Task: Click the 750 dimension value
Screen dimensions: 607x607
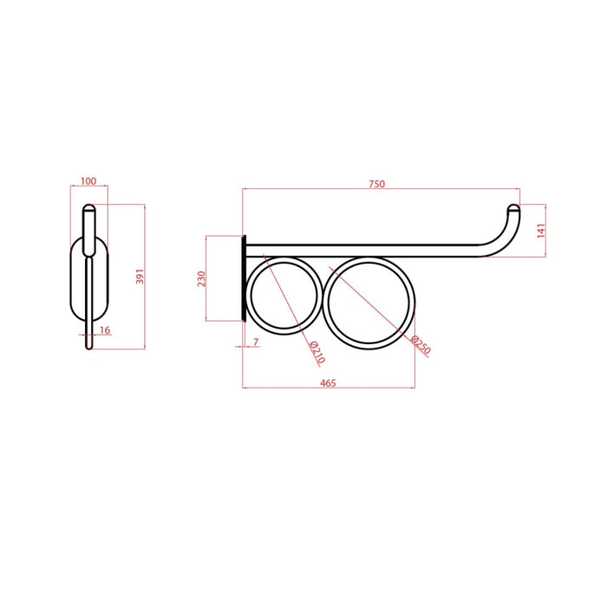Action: pyautogui.click(x=376, y=184)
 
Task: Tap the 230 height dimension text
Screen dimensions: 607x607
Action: pyautogui.click(x=201, y=278)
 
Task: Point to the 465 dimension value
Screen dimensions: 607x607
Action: pyautogui.click(x=328, y=382)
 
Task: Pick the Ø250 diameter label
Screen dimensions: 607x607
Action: pyautogui.click(x=421, y=346)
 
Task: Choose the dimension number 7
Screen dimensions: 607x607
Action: pyautogui.click(x=255, y=343)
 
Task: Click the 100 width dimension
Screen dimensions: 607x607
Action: pyautogui.click(x=88, y=182)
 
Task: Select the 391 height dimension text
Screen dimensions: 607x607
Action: pyautogui.click(x=139, y=277)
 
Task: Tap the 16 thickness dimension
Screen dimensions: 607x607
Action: pyautogui.click(x=105, y=330)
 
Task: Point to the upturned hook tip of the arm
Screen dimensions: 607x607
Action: pyautogui.click(x=513, y=209)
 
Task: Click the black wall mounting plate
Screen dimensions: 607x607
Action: pyautogui.click(x=245, y=278)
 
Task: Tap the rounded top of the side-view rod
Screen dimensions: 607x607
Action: pyautogui.click(x=88, y=209)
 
